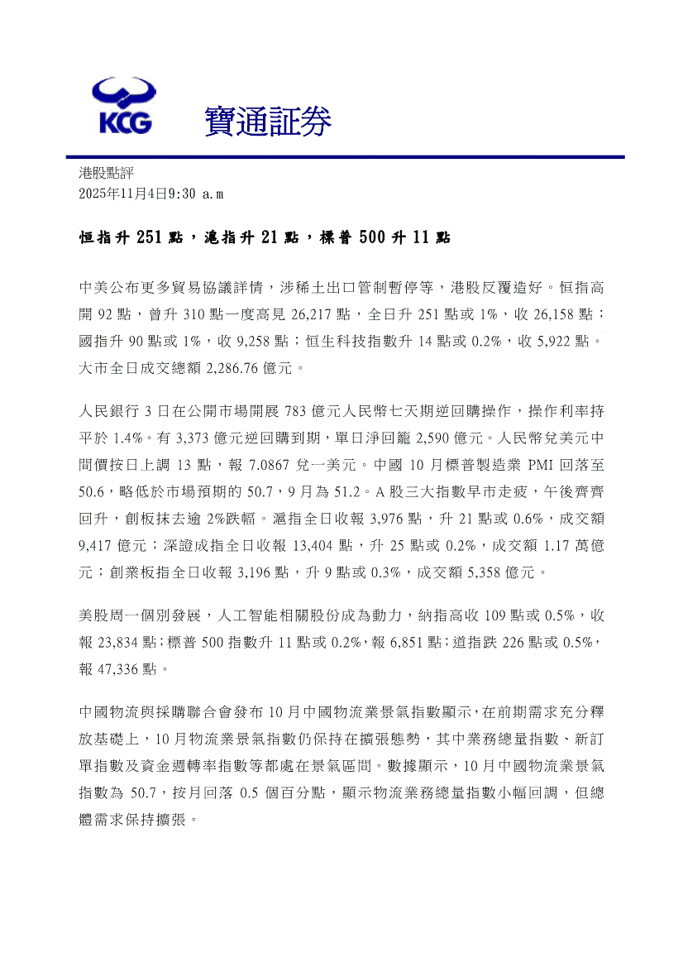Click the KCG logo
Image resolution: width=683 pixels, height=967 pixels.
[122, 105]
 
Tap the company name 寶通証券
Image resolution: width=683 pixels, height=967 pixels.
[268, 122]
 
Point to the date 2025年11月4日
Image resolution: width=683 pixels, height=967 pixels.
[123, 193]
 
